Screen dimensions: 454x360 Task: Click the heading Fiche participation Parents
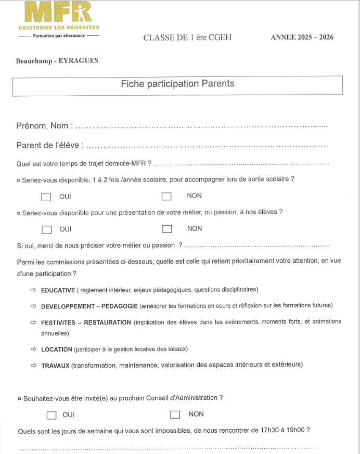click(x=177, y=84)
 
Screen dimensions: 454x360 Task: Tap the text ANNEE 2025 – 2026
click(x=302, y=37)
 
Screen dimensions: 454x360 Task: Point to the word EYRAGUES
click(x=80, y=61)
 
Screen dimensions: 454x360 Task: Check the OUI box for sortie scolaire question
click(x=46, y=197)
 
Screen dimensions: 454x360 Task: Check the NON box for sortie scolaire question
click(x=166, y=197)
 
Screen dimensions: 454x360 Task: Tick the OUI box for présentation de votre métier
click(x=47, y=229)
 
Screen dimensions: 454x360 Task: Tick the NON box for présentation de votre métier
click(x=167, y=229)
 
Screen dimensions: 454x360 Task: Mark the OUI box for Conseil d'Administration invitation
click(x=51, y=415)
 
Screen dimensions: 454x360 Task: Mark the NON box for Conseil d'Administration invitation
click(x=175, y=414)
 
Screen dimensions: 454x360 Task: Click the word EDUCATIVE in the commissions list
click(x=58, y=290)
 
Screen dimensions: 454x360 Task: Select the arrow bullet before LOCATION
click(x=33, y=349)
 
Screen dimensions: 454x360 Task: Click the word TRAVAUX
click(x=55, y=366)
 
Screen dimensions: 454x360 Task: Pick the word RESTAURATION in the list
click(x=107, y=322)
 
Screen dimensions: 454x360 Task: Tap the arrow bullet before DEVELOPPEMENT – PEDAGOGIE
click(x=33, y=306)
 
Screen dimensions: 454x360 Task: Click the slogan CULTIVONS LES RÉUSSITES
click(x=58, y=27)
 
